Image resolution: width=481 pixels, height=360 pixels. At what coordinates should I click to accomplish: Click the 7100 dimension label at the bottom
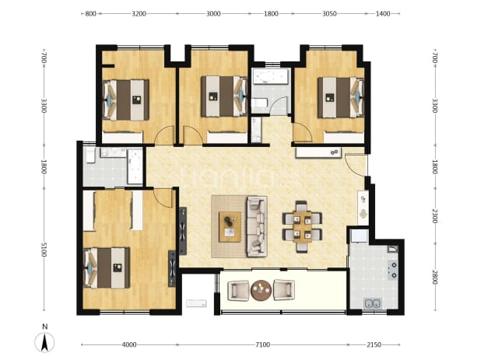click(262, 344)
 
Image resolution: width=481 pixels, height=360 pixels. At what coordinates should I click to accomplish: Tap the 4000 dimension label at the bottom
click(129, 344)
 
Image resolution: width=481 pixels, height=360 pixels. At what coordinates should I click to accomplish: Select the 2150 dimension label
click(374, 344)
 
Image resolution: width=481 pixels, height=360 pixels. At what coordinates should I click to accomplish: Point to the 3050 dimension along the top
click(329, 13)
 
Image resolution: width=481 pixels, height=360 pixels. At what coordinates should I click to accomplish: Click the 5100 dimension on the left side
click(44, 249)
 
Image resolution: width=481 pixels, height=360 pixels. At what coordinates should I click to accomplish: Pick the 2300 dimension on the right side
click(434, 216)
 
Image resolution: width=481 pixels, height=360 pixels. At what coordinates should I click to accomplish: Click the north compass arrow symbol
click(44, 342)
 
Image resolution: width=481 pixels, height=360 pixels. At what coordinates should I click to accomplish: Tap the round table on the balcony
click(261, 290)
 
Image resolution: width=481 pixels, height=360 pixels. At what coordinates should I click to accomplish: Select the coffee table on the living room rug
click(230, 227)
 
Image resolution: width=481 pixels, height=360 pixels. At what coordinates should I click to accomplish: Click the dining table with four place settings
click(302, 227)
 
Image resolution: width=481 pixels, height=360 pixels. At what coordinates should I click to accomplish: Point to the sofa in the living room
click(257, 227)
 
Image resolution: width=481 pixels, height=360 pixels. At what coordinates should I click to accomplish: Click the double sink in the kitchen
click(373, 303)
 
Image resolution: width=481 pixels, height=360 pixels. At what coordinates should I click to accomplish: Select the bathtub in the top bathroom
click(270, 76)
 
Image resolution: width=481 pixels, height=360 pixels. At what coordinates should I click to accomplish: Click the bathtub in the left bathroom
click(135, 166)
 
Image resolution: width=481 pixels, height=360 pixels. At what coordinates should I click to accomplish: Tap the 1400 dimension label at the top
click(382, 13)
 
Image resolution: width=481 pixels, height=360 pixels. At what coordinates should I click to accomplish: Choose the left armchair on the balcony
click(238, 291)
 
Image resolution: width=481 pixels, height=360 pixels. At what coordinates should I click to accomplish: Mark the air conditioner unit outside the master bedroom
click(196, 303)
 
